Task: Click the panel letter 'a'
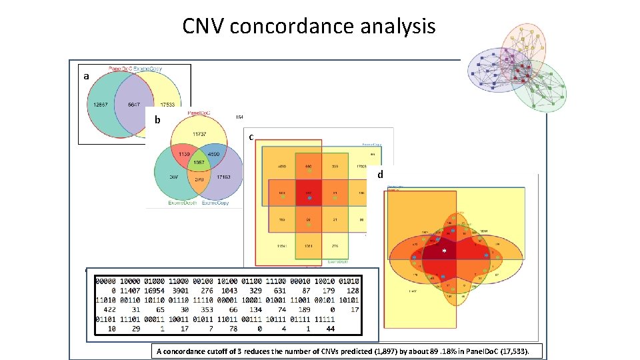point(86,77)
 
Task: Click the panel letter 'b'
point(157,121)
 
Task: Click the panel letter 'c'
point(251,137)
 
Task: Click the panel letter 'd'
point(380,175)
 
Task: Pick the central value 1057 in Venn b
point(198,163)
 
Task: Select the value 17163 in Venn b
point(222,178)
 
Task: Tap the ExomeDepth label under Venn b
point(172,203)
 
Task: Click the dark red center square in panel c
point(308,196)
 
